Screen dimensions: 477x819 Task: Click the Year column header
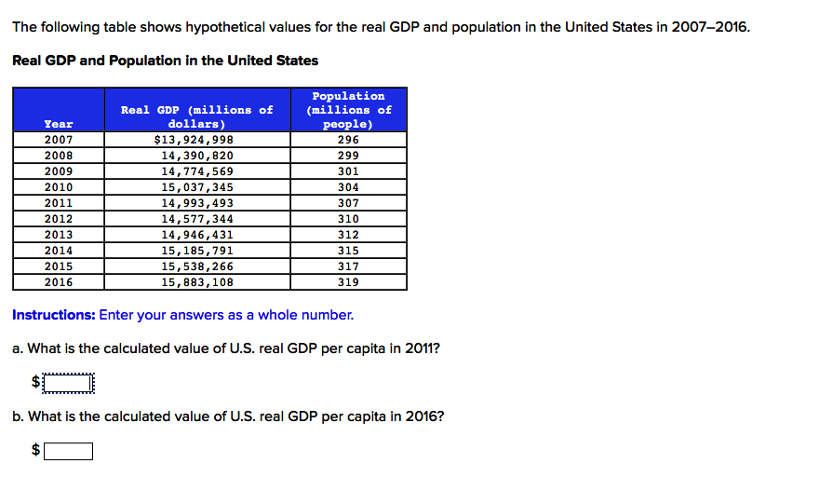point(59,124)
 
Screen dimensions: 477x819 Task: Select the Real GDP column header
point(197,116)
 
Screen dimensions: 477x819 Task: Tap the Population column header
point(348,110)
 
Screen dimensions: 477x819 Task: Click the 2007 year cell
point(59,140)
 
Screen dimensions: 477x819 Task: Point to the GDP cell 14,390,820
point(197,156)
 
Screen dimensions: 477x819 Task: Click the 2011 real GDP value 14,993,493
point(197,203)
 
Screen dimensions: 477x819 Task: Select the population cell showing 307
point(348,203)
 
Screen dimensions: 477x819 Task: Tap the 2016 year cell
point(59,282)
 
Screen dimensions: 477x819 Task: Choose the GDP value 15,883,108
point(197,282)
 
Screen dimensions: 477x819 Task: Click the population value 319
point(348,282)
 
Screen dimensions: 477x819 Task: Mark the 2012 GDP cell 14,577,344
point(197,219)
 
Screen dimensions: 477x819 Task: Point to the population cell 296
point(348,140)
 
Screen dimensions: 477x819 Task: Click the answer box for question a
point(69,382)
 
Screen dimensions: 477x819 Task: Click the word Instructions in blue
point(53,315)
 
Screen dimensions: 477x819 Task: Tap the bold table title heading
point(165,61)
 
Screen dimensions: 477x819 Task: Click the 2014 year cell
point(59,251)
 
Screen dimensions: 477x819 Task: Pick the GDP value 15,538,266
point(197,266)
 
